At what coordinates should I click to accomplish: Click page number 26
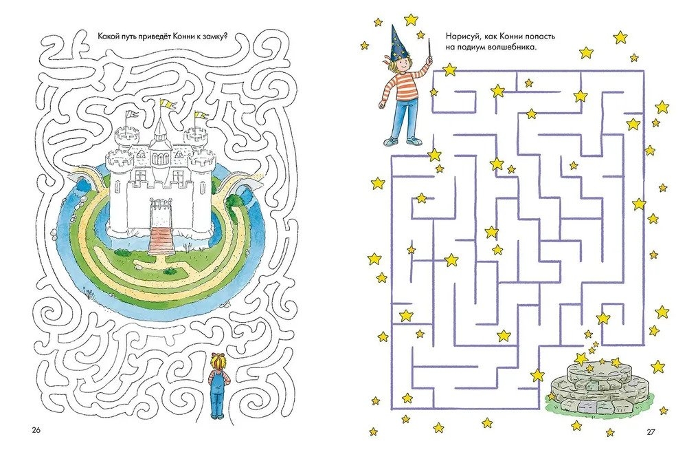pyautogui.click(x=36, y=430)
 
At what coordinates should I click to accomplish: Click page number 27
pyautogui.click(x=651, y=431)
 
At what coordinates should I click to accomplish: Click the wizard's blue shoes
pyautogui.click(x=403, y=141)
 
